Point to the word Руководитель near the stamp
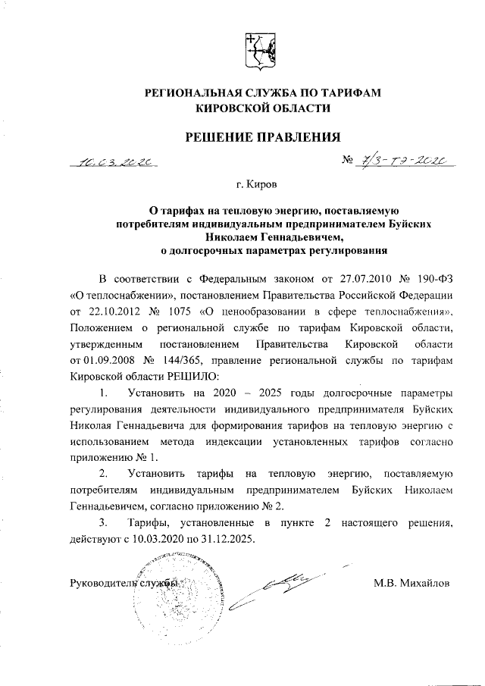tap(103, 584)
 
